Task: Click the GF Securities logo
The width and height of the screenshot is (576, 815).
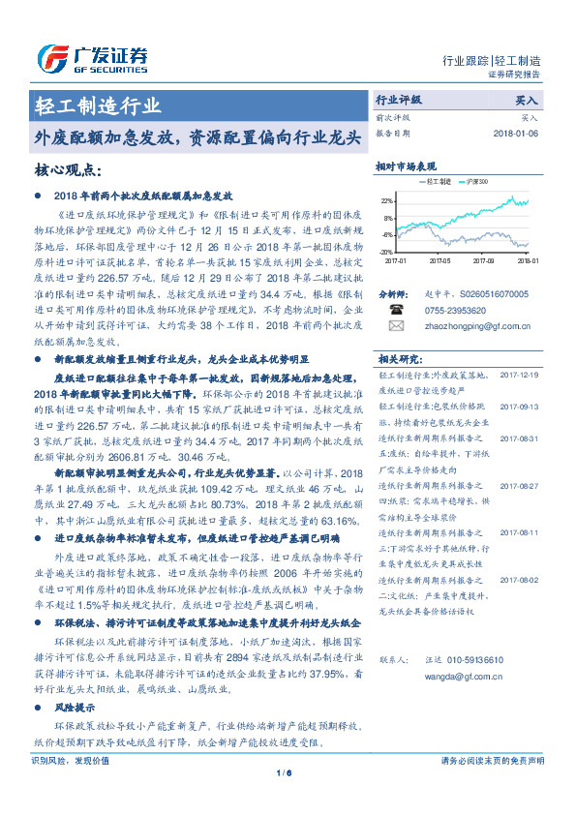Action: click(x=92, y=56)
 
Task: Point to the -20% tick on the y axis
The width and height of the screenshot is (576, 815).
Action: click(x=386, y=251)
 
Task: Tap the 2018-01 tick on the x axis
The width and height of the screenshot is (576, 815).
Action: click(x=527, y=260)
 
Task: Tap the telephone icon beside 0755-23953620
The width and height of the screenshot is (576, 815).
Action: click(x=396, y=310)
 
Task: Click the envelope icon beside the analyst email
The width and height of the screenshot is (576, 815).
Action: click(x=396, y=326)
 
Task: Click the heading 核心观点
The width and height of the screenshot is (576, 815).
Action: click(x=68, y=169)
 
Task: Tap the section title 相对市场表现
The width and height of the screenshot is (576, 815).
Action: click(x=407, y=166)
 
